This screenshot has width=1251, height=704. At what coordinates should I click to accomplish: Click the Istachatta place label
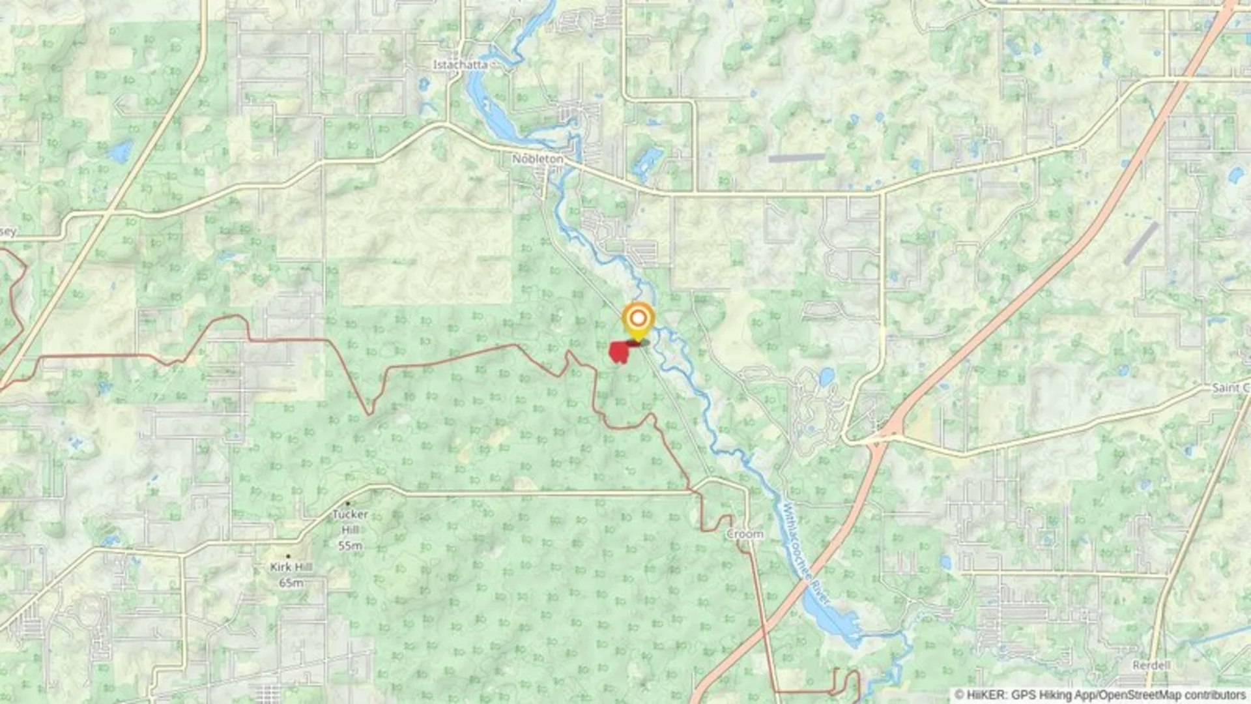pos(460,65)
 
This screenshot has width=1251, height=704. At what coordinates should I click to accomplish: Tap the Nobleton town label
pos(537,159)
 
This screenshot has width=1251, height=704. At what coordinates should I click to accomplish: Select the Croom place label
pos(745,534)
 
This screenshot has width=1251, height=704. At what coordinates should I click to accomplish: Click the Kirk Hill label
pos(291,567)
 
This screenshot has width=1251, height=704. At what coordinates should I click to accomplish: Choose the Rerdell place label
pos(1151,666)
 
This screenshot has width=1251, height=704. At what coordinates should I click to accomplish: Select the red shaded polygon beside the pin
pos(618,352)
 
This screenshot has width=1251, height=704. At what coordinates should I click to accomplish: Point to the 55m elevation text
pos(350,546)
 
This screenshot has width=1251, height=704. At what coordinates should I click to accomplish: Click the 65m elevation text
pos(291,583)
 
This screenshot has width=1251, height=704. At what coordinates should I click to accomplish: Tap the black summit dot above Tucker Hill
pos(348,503)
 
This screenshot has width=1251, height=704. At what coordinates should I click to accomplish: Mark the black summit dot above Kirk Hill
pos(288,556)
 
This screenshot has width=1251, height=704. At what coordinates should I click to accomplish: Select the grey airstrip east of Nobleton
pos(796,158)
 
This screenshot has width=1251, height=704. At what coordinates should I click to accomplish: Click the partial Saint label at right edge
pos(1229,388)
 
